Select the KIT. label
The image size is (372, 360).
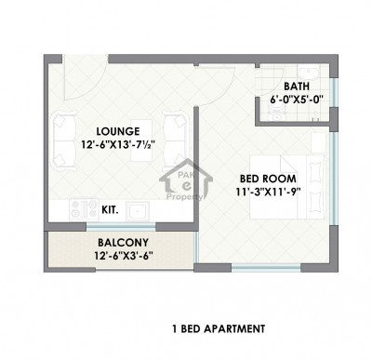[109, 210]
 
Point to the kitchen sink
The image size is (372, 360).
[137, 210]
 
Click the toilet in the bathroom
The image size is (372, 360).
[277, 113]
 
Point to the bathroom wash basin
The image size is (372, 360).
[315, 74]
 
